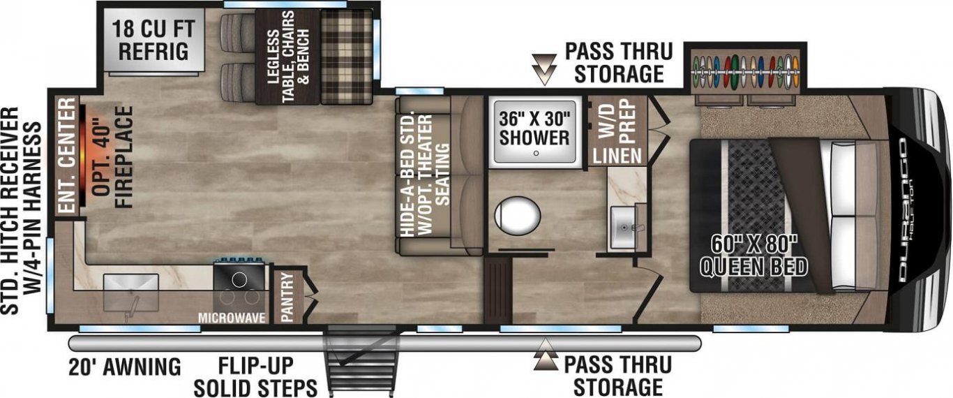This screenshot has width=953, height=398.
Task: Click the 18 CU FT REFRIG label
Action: (x=153, y=40)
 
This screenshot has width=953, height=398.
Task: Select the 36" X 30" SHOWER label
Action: (x=534, y=128)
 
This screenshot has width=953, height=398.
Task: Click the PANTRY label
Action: (x=287, y=297)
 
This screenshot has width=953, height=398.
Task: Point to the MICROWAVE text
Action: (x=232, y=318)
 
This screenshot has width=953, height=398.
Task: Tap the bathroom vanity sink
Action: (x=623, y=228)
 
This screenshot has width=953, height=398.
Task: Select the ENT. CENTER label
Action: (x=67, y=155)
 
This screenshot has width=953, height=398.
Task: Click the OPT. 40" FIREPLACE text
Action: (x=112, y=157)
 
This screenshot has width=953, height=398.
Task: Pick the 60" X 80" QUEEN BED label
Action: (x=753, y=255)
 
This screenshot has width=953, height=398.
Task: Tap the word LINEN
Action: (x=617, y=156)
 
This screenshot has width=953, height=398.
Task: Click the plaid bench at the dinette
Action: (x=346, y=57)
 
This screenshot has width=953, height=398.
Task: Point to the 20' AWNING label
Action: (x=125, y=367)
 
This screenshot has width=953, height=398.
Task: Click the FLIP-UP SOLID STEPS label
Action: (x=256, y=377)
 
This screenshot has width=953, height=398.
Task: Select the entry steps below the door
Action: (x=363, y=362)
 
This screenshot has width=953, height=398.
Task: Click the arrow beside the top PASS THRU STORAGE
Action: (x=545, y=70)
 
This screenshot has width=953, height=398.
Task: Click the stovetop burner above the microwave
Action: (x=239, y=280)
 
